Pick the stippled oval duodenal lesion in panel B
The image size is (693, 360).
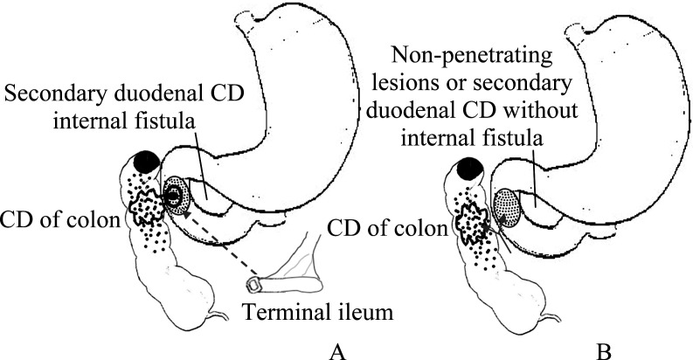pos(508,207)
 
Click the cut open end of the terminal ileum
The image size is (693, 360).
pos(253,285)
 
